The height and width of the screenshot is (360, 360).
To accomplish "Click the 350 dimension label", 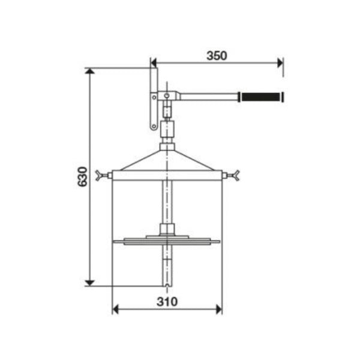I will pyautogui.click(x=217, y=56).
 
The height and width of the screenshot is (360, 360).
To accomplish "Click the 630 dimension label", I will pyautogui.click(x=83, y=176).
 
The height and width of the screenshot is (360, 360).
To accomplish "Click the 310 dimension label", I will pyautogui.click(x=167, y=302).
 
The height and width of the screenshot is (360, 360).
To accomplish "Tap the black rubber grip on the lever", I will pyautogui.click(x=261, y=97).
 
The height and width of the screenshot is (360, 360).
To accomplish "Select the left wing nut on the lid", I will pyautogui.click(x=100, y=176).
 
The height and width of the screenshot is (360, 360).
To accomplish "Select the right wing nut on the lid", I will pyautogui.click(x=236, y=176).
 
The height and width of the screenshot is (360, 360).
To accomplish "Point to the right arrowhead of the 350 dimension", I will pyautogui.click(x=279, y=62).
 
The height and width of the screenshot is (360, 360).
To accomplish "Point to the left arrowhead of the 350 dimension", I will pyautogui.click(x=155, y=62).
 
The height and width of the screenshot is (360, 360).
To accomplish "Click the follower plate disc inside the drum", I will pyautogui.click(x=166, y=242).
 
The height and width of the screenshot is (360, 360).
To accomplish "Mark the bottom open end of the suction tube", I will pyautogui.click(x=167, y=282).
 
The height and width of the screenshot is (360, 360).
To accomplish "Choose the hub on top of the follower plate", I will pyautogui.click(x=167, y=230).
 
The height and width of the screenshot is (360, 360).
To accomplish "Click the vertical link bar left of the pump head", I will pyautogui.click(x=154, y=99).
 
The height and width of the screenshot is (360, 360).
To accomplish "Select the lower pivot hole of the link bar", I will pyautogui.click(x=154, y=126).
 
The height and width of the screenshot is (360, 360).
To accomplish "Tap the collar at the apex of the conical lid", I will pyautogui.click(x=167, y=146).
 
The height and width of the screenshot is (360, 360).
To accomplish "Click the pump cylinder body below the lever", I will pyautogui.click(x=167, y=128).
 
